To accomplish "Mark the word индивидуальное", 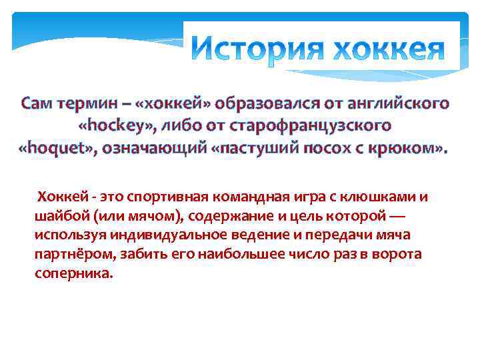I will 148,235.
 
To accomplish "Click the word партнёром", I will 73,255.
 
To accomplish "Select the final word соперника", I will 74,274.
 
